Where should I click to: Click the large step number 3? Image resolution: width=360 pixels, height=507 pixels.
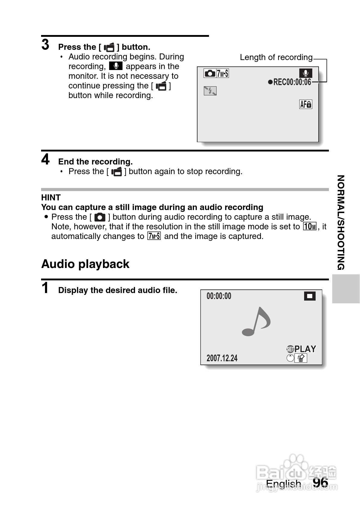[x=45, y=45]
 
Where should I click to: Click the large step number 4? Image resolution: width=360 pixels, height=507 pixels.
[x=45, y=159]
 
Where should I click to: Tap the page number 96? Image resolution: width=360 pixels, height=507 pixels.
[x=320, y=482]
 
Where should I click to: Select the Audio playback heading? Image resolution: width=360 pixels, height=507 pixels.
[x=85, y=264]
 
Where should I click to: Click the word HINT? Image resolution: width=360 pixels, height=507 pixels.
[x=51, y=197]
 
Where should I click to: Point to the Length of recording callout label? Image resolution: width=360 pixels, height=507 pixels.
[x=276, y=57]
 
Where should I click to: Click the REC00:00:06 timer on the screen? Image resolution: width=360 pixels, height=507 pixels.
[x=290, y=82]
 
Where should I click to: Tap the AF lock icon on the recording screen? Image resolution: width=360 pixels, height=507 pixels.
[x=306, y=104]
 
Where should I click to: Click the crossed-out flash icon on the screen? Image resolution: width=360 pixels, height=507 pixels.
[x=210, y=91]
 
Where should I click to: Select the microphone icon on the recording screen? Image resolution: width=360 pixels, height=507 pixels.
[x=306, y=73]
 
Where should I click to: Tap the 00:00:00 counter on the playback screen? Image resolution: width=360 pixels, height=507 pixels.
[x=219, y=296]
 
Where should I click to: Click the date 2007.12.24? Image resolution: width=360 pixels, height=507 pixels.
[x=222, y=358]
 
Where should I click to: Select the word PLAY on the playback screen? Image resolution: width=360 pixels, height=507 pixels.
[x=305, y=349]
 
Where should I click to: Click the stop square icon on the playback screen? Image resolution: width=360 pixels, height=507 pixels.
[x=310, y=296]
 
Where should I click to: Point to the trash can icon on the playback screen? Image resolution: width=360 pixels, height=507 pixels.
[x=301, y=358]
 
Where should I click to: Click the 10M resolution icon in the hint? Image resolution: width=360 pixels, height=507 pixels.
[x=310, y=226]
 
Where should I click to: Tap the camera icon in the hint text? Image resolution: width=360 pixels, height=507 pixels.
[x=100, y=217]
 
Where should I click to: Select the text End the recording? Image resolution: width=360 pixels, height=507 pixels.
[x=95, y=162]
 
